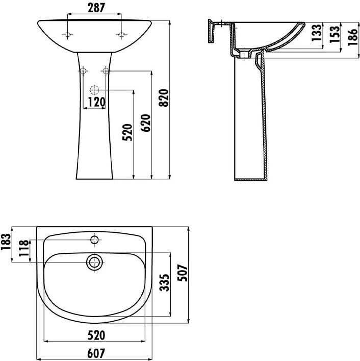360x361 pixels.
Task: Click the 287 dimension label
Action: (x=96, y=8)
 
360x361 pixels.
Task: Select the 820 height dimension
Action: (x=164, y=98)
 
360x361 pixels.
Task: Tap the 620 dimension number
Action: (x=145, y=123)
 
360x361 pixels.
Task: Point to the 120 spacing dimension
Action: (x=96, y=102)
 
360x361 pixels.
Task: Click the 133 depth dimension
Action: (x=317, y=33)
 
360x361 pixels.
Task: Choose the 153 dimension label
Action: (x=335, y=34)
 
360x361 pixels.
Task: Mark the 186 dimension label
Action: (x=353, y=37)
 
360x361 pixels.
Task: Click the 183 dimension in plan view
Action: (x=6, y=242)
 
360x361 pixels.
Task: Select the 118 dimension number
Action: (x=23, y=248)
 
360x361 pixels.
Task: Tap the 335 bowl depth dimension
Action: (x=164, y=282)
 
